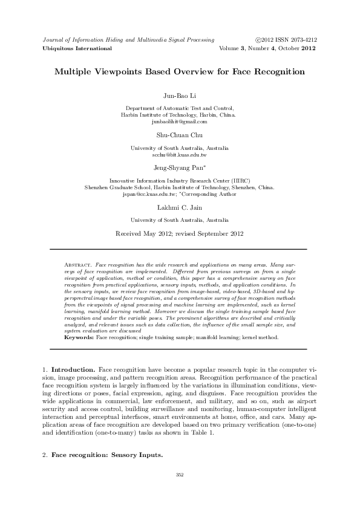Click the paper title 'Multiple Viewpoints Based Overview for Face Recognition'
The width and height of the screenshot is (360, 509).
click(180, 71)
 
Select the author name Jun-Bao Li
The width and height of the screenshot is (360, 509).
click(180, 96)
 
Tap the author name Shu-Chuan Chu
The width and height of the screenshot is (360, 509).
click(180, 136)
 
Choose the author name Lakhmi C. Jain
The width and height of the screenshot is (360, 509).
click(180, 209)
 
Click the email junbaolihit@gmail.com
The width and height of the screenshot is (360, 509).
click(180, 122)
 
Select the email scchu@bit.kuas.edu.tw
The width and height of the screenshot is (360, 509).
click(180, 155)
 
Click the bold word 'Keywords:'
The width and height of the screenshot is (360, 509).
click(79, 337)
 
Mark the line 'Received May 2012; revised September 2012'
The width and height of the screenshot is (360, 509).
click(180, 233)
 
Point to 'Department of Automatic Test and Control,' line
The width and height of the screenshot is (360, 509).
click(180, 108)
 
